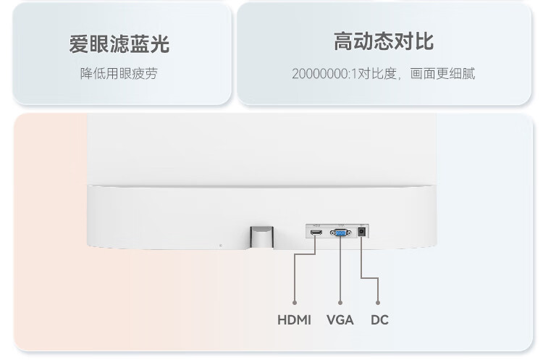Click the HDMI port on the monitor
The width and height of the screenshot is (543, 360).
pyautogui.click(x=316, y=233)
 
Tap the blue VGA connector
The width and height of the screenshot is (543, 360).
pyautogui.click(x=340, y=233)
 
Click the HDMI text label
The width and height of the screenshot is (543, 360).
pyautogui.click(x=294, y=319)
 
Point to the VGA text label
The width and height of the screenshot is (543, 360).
pyautogui.click(x=340, y=319)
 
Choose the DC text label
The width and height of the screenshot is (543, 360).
pyautogui.click(x=379, y=319)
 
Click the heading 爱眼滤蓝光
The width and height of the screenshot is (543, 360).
pyautogui.click(x=119, y=44)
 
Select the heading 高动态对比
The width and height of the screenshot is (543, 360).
pyautogui.click(x=384, y=41)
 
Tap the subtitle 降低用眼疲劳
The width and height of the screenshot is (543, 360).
pyautogui.click(x=119, y=73)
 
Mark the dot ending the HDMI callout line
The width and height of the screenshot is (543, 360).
pyautogui.click(x=294, y=301)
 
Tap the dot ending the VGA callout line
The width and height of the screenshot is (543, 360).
pyautogui.click(x=340, y=301)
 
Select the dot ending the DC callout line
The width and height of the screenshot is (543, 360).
pyautogui.click(x=379, y=301)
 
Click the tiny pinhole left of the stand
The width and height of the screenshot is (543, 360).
pyautogui.click(x=221, y=244)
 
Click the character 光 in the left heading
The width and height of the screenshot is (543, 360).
pyautogui.click(x=160, y=44)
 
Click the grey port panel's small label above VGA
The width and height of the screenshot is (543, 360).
pyautogui.click(x=339, y=225)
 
